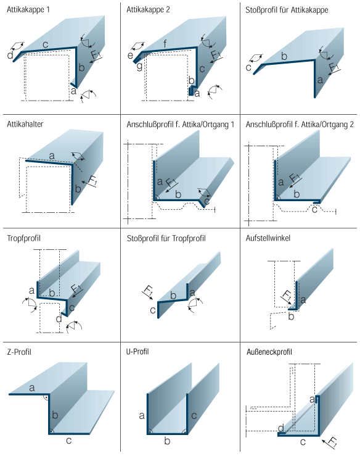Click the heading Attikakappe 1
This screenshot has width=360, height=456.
[28, 10]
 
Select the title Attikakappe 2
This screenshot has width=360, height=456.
[148, 10]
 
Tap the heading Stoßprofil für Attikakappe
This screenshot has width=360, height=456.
[287, 10]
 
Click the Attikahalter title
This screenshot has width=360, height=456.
[25, 124]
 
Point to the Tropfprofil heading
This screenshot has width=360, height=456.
[24, 238]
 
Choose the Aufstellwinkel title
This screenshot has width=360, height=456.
[268, 238]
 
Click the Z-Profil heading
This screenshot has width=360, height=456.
[19, 352]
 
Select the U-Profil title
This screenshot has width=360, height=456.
[137, 352]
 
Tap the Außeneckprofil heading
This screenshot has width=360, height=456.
[269, 352]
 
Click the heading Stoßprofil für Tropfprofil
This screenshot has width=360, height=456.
[166, 238]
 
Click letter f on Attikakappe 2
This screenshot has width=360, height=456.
[165, 44]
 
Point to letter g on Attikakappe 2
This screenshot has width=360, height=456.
[139, 67]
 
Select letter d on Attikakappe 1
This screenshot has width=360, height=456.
[10, 56]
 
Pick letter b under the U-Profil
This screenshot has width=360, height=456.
[167, 441]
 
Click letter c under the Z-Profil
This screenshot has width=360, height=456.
[69, 441]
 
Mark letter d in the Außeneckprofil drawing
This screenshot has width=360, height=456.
[280, 428]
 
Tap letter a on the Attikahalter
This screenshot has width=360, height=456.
[52, 156]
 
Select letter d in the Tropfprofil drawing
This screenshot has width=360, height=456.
[59, 319]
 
